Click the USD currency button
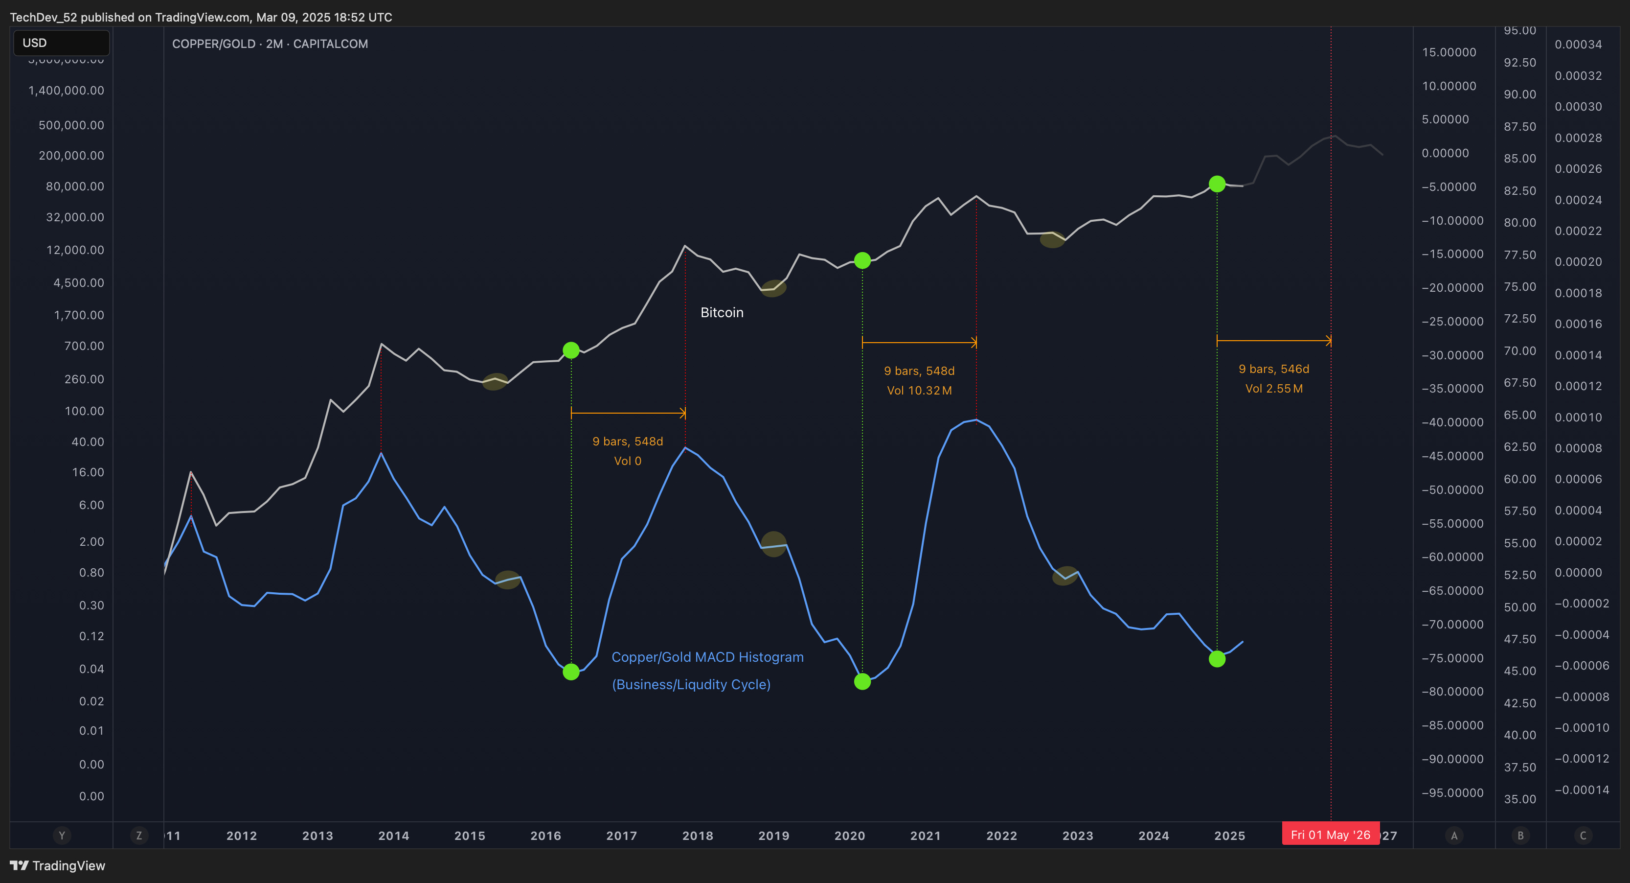[61, 43]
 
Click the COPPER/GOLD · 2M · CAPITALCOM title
[270, 44]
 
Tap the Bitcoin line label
[722, 313]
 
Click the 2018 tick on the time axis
[697, 836]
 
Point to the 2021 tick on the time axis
[925, 836]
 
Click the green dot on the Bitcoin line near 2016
[571, 350]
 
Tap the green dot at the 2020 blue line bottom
[862, 681]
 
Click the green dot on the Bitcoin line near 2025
[1217, 184]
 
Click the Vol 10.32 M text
[919, 391]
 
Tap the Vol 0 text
[627, 461]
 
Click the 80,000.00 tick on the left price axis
[75, 186]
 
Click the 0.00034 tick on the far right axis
[1578, 45]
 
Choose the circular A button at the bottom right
[1453, 836]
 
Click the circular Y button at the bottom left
[61, 836]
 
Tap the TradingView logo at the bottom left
[58, 865]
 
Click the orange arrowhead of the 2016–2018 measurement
[683, 413]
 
